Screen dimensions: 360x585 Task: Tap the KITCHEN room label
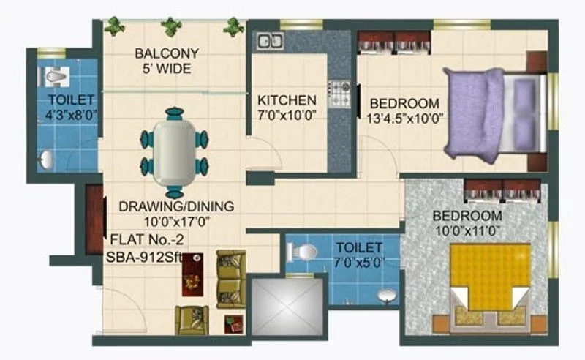(x=287, y=100)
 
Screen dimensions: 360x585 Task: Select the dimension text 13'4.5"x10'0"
(x=404, y=117)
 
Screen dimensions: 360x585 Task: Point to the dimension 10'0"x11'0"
(x=467, y=230)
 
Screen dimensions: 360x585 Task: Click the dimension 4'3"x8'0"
(x=71, y=114)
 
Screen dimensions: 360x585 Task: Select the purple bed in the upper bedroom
(x=475, y=113)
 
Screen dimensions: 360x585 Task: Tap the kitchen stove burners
(x=339, y=93)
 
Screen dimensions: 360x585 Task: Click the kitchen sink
(x=270, y=41)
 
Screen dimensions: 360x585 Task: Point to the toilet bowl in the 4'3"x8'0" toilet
(x=56, y=74)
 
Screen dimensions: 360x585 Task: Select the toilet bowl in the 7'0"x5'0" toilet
(x=303, y=252)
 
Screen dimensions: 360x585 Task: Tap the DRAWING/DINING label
(x=178, y=206)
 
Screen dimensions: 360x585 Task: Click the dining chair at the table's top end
(x=174, y=113)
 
